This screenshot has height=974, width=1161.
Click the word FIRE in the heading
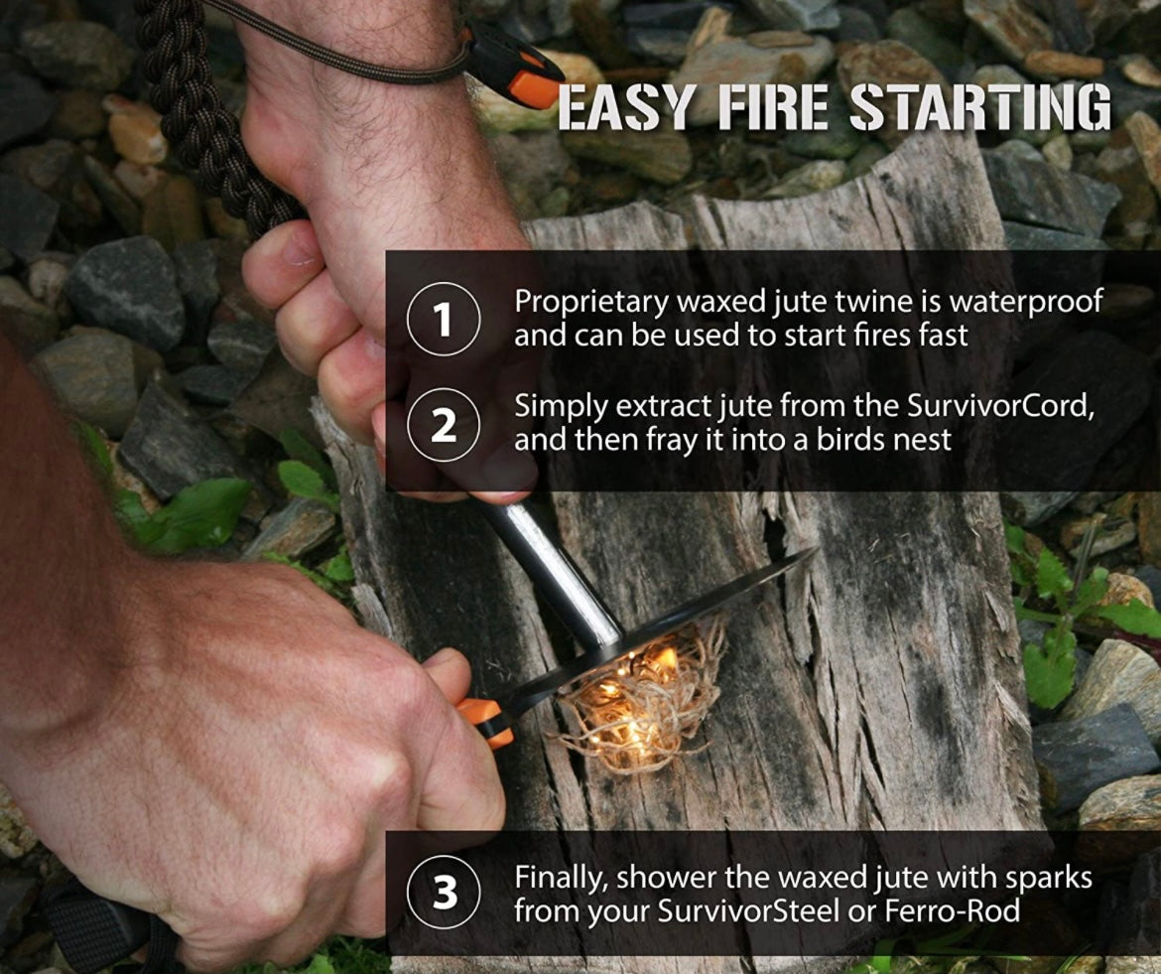click(x=772, y=108)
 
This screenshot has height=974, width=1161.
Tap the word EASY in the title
click(x=624, y=108)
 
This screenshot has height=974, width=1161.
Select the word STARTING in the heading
click(x=979, y=108)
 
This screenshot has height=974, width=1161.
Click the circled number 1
click(x=444, y=320)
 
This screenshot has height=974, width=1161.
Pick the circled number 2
click(x=444, y=424)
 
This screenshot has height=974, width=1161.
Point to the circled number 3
click(x=444, y=892)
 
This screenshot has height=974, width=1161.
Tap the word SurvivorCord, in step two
click(x=1000, y=407)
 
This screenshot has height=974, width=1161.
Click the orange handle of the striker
click(x=485, y=722)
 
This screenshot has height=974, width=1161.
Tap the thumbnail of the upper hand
click(x=296, y=248)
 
